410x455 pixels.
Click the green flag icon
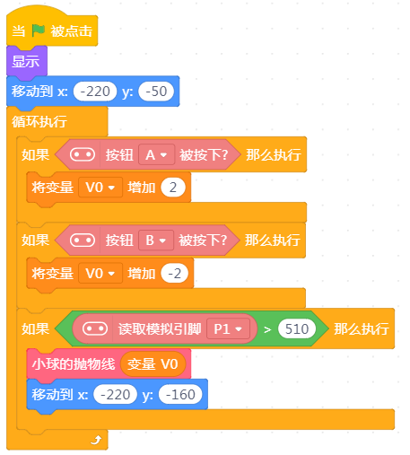coord(39,31)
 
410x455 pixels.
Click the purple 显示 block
coord(27,61)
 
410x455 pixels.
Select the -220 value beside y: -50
coord(95,92)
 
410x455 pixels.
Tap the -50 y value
coord(156,92)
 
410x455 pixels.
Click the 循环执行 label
coord(39,122)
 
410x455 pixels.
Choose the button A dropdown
coord(156,155)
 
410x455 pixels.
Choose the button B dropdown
coord(156,241)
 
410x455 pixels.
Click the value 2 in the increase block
coord(173,188)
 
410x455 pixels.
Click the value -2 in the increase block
coord(175,273)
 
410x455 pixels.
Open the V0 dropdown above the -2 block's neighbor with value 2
coord(100,188)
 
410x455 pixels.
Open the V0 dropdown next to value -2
coord(100,273)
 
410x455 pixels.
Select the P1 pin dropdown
coord(228,329)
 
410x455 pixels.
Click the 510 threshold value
coord(297,329)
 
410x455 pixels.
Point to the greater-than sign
coord(267,329)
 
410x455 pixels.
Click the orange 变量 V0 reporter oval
coord(153,364)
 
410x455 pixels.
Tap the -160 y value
coord(180,395)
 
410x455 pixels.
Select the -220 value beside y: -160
coord(115,395)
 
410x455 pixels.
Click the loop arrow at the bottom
coord(96,440)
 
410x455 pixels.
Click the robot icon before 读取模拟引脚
coord(95,328)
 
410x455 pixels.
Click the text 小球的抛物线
coord(74,364)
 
